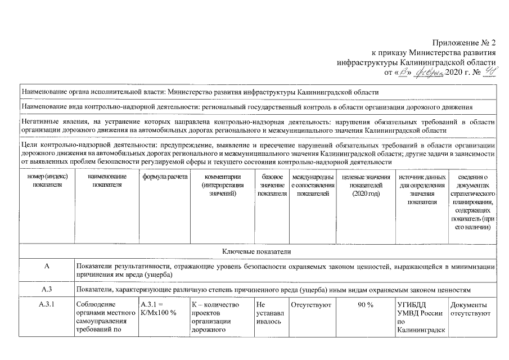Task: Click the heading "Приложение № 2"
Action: tap(465, 43)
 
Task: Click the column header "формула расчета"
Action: tap(164, 177)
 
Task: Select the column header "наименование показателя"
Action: tap(105, 181)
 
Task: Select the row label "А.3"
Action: tap(47, 290)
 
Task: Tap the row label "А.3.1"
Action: tap(47, 305)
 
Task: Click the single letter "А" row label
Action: tap(47, 265)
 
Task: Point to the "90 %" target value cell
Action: tap(366, 305)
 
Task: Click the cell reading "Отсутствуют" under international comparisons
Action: tap(311, 305)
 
